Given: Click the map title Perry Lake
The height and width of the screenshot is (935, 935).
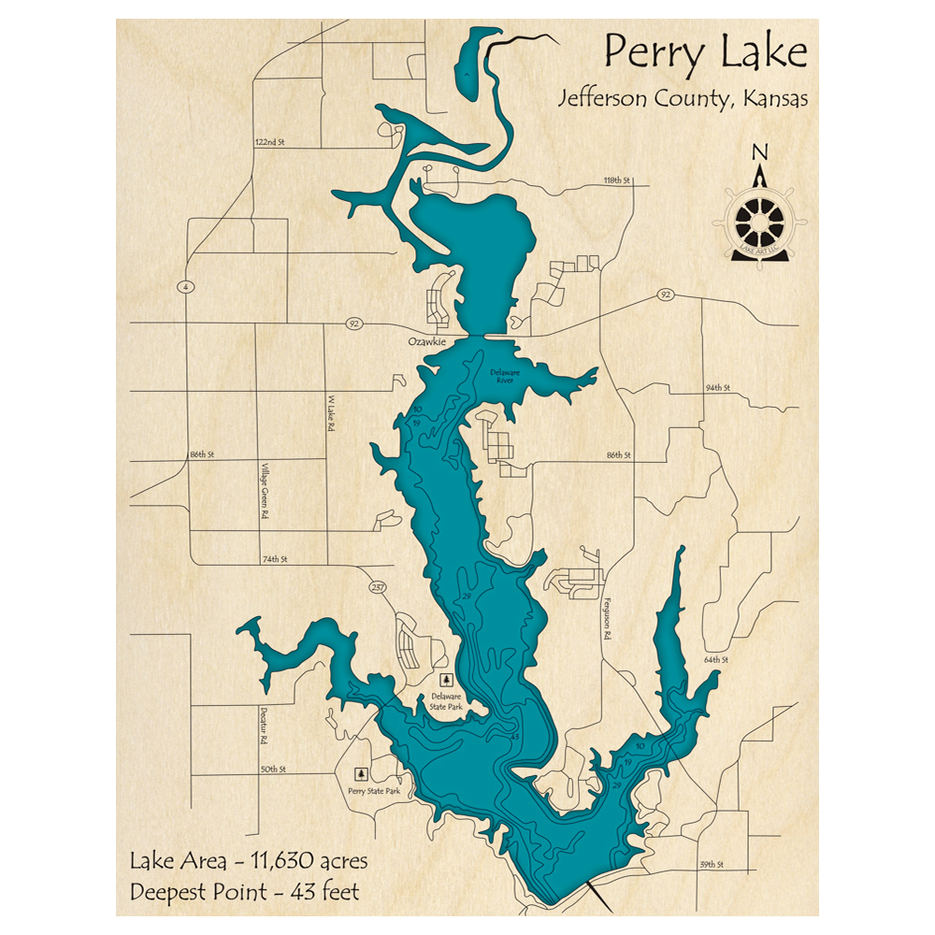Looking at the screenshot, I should point(705,53).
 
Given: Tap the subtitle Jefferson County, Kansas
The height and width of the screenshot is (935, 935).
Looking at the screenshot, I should point(683,99).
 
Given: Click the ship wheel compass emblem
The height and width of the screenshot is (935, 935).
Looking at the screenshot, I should point(759,222).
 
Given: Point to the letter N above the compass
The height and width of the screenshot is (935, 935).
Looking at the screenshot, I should point(760,152).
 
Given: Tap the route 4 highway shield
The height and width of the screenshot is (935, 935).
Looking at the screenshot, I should point(187,287).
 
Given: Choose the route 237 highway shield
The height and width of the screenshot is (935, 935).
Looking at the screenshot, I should point(377,587).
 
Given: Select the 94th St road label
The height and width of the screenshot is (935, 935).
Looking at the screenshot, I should point(717,387).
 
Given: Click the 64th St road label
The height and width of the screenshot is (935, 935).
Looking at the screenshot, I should point(715,660).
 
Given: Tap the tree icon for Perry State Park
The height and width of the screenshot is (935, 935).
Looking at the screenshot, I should point(360,774).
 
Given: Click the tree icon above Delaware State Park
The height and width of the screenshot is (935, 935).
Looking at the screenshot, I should point(446,680).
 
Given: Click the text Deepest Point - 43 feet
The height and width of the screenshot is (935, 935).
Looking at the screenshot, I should point(245,891).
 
